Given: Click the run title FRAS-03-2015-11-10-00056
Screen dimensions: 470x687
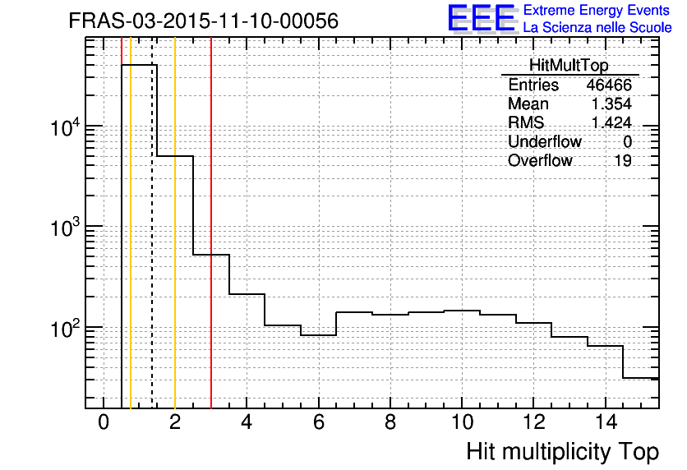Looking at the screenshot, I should [x=203, y=21].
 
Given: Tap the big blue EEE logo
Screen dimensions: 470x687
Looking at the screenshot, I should [x=481, y=18].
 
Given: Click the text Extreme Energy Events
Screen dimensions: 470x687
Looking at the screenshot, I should [x=597, y=11].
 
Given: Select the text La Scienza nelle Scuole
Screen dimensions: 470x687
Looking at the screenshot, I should [x=597, y=28].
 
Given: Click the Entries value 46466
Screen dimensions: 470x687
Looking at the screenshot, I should [x=609, y=85].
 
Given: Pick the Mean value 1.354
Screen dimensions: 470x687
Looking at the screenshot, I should [x=611, y=104].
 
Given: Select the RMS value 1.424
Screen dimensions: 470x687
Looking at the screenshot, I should [x=611, y=123].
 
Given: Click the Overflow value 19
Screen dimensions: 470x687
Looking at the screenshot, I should [x=623, y=161].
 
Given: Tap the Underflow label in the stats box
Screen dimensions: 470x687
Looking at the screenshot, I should [x=544, y=142].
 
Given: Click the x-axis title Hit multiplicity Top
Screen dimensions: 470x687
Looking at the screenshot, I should [x=562, y=452].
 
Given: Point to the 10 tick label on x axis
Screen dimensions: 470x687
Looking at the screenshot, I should [x=462, y=424].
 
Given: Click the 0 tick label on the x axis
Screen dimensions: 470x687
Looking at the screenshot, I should [x=104, y=424].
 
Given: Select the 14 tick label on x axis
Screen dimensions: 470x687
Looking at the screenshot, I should [x=605, y=424].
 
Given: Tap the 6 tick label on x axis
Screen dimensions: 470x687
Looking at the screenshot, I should [x=318, y=424].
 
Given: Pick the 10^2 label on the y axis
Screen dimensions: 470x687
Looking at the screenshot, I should [x=64, y=329].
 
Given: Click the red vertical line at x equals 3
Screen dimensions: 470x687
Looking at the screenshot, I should [x=211, y=247].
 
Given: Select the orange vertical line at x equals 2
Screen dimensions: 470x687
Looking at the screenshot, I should [x=175, y=247].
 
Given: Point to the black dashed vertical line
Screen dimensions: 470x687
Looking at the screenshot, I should [x=152, y=247].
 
